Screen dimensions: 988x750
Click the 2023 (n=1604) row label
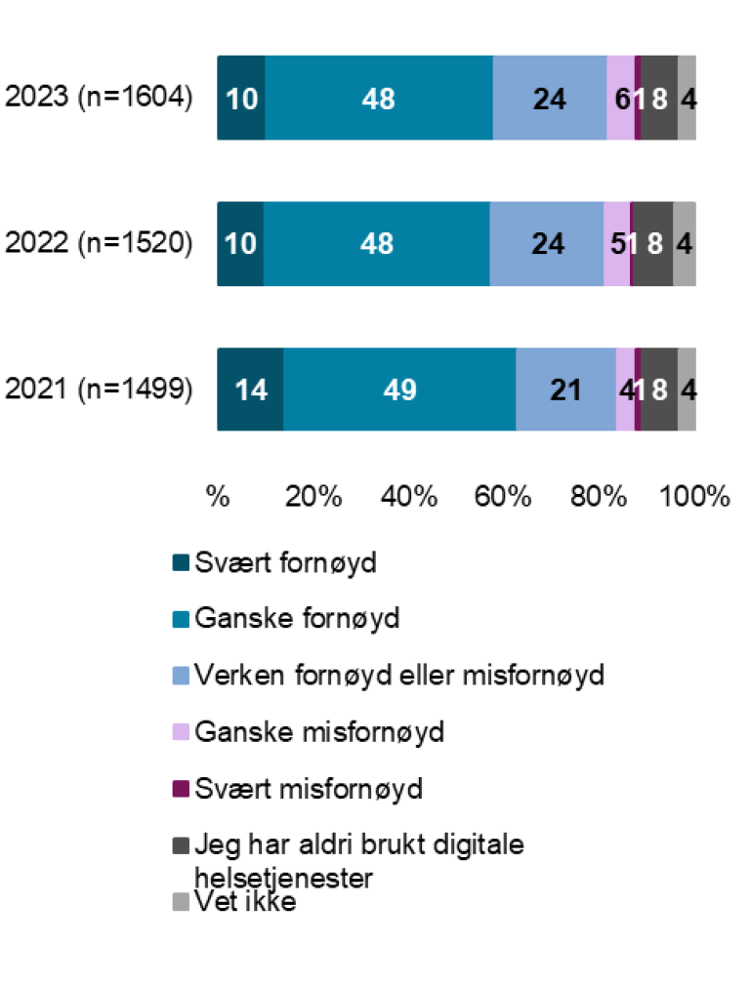coord(99,99)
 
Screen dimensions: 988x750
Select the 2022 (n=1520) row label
coord(99,244)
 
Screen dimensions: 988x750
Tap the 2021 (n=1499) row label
coord(99,390)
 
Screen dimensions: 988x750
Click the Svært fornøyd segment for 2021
coord(250,390)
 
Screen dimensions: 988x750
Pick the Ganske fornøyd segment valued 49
coord(399,390)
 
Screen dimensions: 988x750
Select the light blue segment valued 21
coord(565,390)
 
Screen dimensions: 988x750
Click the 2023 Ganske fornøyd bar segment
coord(378,99)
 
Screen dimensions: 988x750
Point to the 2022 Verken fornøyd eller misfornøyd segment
coord(546,244)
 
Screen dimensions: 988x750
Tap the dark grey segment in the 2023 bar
coord(659,99)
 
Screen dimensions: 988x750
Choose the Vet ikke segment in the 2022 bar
coord(685,244)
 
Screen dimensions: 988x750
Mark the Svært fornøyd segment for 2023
coord(240,99)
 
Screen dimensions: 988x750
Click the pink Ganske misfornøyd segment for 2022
coord(616,244)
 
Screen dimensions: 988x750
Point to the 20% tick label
coord(312,496)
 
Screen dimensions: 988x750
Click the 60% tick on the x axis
coord(503,496)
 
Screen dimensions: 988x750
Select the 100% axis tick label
coord(695,496)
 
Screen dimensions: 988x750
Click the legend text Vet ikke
coord(245,902)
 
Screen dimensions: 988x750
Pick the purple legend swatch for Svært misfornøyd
coord(180,788)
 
